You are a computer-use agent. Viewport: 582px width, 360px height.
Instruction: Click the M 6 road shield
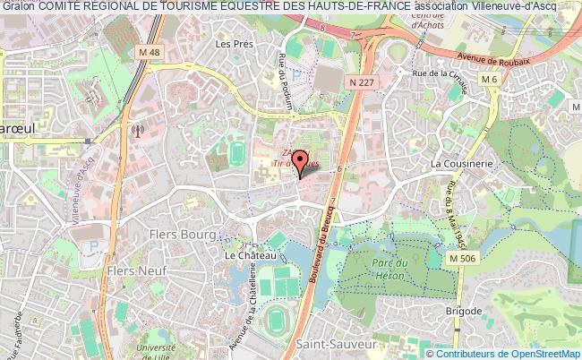point(489,80)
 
